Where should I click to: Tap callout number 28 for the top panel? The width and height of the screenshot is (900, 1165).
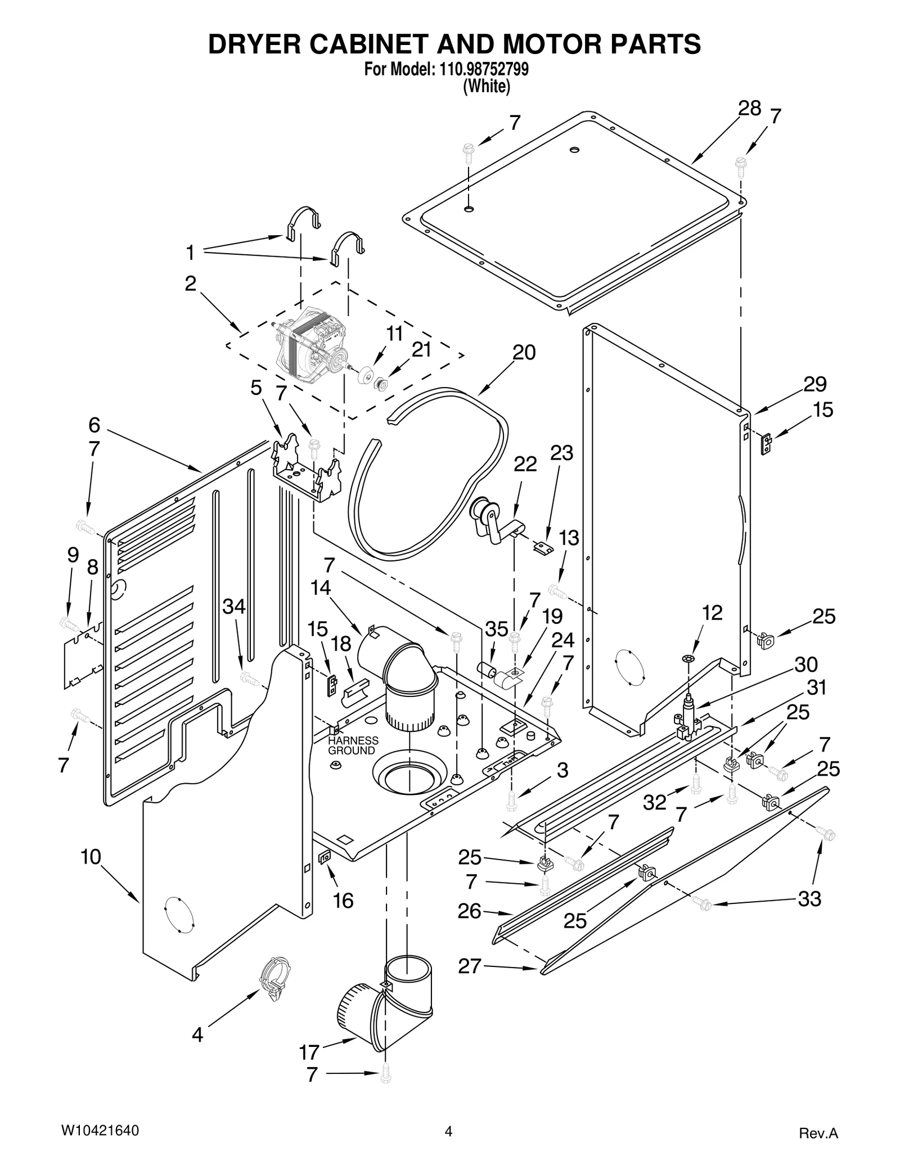point(749,108)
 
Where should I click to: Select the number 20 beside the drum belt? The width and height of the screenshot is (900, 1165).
point(524,353)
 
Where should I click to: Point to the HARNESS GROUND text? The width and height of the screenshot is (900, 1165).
point(353,746)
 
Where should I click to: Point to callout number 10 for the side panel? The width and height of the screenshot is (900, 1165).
point(91,857)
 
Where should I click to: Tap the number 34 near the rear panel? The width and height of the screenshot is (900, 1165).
point(234,606)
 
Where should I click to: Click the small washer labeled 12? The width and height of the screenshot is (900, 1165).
point(691,658)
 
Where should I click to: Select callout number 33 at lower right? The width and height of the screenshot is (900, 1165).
point(809,899)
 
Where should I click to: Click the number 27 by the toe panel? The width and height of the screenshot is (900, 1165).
point(470,966)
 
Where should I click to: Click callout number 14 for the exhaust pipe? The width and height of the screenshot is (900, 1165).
point(321,588)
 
